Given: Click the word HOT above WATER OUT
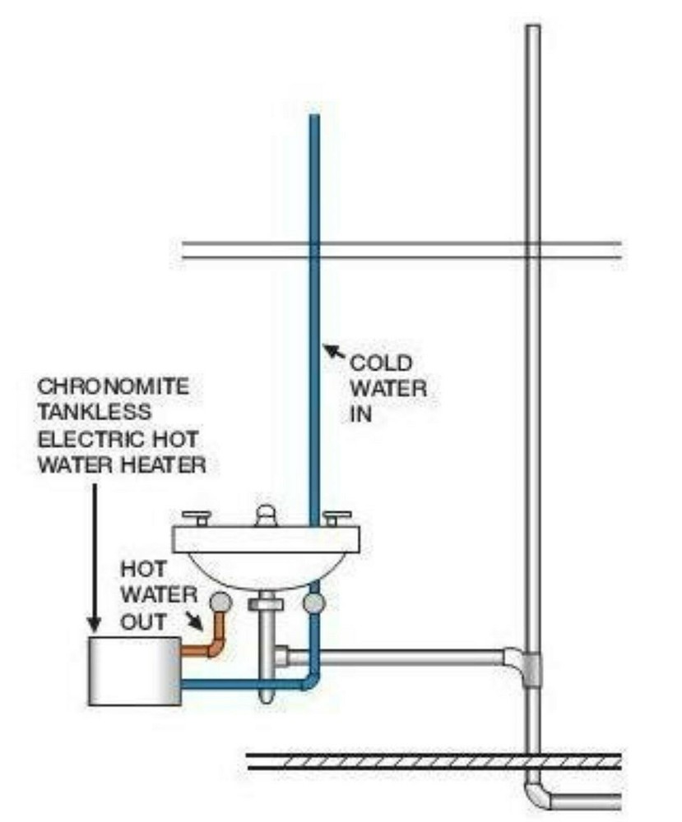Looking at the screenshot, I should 145,568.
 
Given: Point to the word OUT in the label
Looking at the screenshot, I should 143,621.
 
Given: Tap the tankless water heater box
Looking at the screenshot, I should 133,671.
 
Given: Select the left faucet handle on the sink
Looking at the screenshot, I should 197,518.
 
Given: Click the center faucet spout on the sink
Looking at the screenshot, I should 266,516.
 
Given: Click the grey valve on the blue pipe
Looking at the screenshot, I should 313,604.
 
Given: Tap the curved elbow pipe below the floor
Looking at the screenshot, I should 538,796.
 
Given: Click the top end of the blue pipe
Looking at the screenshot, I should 313,119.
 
